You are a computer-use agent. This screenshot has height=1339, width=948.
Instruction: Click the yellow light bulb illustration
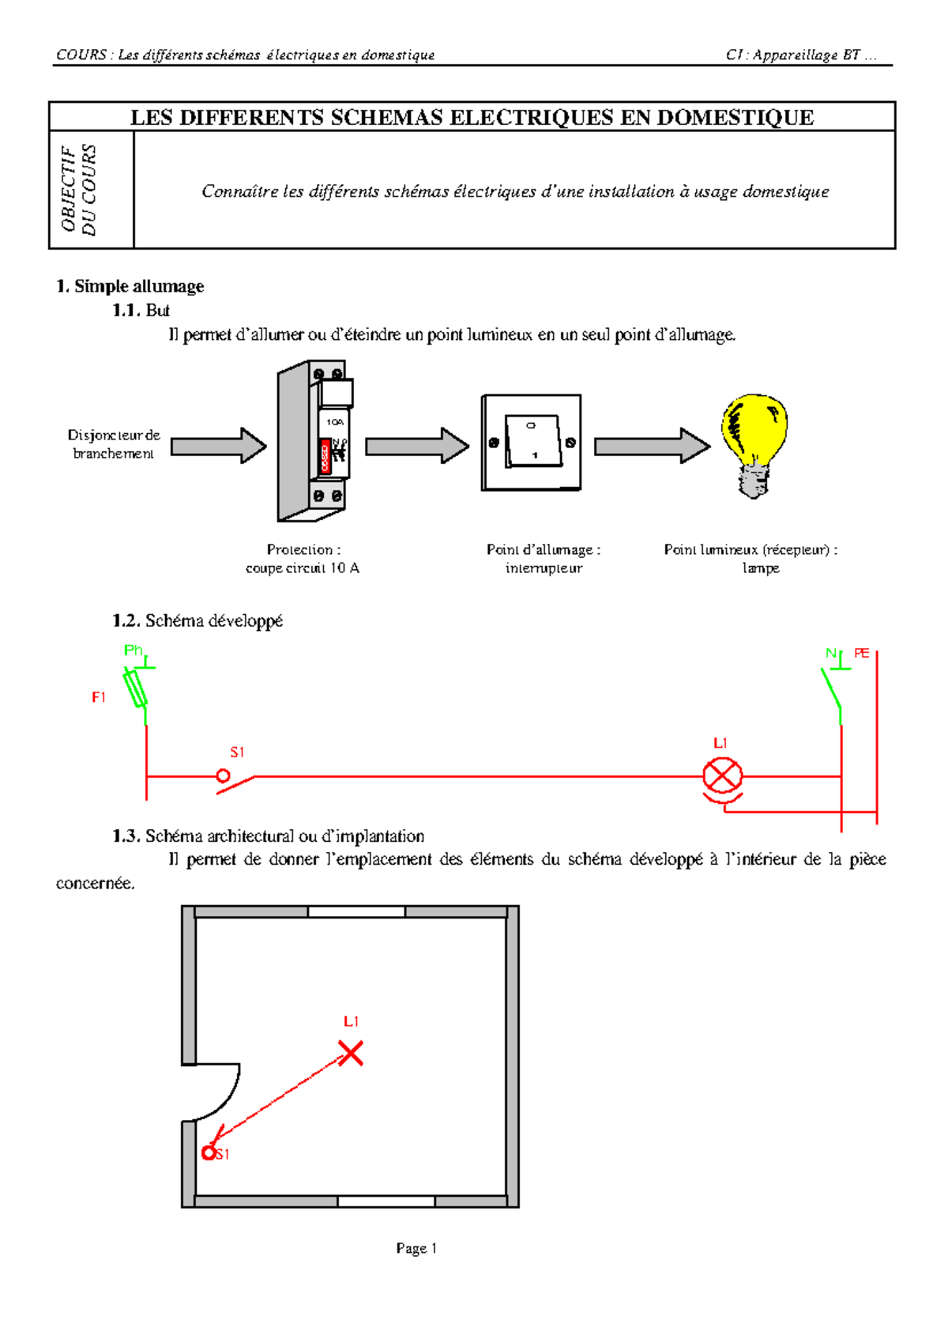pos(754,445)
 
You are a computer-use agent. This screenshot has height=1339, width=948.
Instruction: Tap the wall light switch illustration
pos(531,443)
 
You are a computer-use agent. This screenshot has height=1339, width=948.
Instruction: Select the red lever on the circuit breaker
pos(325,456)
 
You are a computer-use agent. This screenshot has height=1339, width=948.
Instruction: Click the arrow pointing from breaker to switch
pos(417,445)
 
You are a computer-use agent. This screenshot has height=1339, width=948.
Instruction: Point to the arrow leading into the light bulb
pos(653,445)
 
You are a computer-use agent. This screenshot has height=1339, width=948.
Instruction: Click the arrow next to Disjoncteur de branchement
pos(219,445)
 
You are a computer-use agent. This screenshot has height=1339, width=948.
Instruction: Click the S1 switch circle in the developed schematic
pos(223,776)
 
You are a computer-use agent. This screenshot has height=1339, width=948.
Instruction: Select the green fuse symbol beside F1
pos(135,688)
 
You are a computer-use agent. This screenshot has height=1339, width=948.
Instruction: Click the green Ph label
pos(133,651)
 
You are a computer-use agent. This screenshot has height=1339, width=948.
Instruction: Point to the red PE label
pos(861,654)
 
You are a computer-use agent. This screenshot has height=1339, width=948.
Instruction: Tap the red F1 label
pos(99,697)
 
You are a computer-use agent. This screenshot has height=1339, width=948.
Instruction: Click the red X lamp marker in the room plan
pos(351,1053)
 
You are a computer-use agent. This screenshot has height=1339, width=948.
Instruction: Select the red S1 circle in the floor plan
pos(209,1152)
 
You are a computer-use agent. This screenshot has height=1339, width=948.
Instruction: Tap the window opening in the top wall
pos(356,911)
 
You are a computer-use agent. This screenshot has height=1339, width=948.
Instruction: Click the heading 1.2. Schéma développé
pos(197,620)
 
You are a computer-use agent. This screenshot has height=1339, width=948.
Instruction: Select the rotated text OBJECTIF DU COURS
pos(78,190)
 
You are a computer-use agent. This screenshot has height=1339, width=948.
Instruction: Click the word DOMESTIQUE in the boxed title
pos(735,117)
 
